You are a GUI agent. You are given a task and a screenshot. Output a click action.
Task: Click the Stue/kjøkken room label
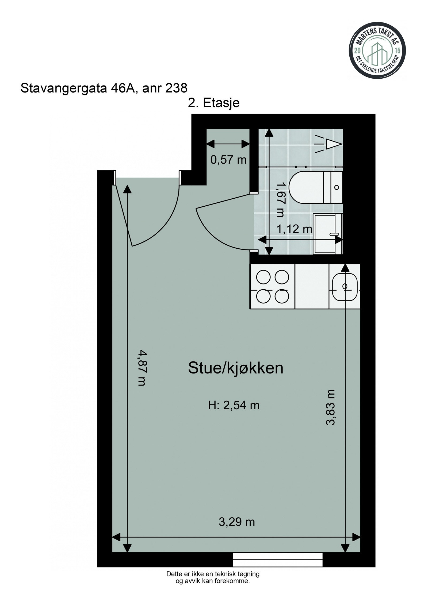[235, 368]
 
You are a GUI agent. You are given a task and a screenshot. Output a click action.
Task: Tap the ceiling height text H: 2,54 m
[234, 405]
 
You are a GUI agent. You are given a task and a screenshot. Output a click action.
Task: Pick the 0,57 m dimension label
[228, 160]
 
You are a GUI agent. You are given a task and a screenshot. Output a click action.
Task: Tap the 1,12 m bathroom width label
[294, 229]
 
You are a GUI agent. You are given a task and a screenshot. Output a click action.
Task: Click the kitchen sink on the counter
[345, 286]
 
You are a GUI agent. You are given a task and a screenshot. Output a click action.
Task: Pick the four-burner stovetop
[272, 286]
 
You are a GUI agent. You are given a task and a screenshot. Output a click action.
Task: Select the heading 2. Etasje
[213, 103]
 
